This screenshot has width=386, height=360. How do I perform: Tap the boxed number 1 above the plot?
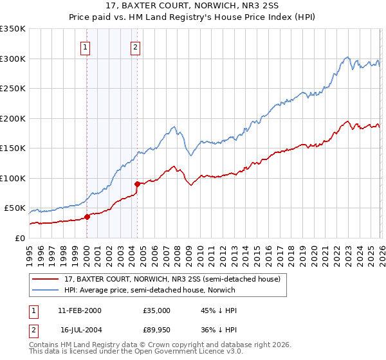[x=86, y=46]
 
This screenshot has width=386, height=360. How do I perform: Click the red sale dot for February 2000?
[x=87, y=217]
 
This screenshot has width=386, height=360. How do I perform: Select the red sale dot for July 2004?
[x=137, y=184]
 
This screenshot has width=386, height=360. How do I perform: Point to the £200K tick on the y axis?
[x=13, y=118]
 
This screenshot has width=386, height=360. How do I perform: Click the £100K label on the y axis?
[x=13, y=178]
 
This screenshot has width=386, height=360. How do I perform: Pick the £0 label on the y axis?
[x=19, y=238]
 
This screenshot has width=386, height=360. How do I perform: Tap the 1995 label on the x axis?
[x=30, y=251]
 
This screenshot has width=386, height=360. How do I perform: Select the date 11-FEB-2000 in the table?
[x=79, y=310]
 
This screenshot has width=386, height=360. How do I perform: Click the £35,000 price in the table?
[x=157, y=310]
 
